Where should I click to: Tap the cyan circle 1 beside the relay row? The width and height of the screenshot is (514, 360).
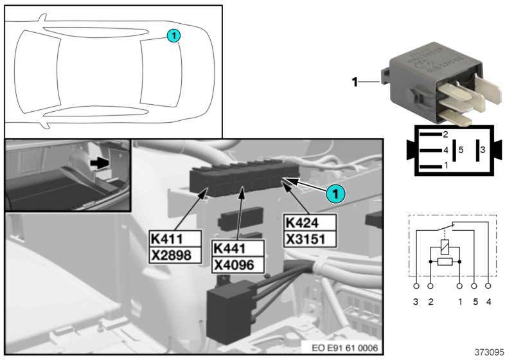(x=334, y=192)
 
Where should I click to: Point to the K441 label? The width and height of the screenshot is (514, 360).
(x=230, y=248)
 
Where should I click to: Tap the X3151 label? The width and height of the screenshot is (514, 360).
(x=309, y=239)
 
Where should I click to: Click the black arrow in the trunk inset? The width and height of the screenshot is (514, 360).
(x=98, y=164)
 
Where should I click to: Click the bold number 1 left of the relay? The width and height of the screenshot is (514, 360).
(x=353, y=82)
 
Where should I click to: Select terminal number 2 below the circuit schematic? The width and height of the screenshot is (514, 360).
(x=430, y=301)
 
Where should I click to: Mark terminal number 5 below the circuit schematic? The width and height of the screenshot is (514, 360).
(x=475, y=301)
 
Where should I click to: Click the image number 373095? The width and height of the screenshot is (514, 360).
(x=490, y=352)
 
